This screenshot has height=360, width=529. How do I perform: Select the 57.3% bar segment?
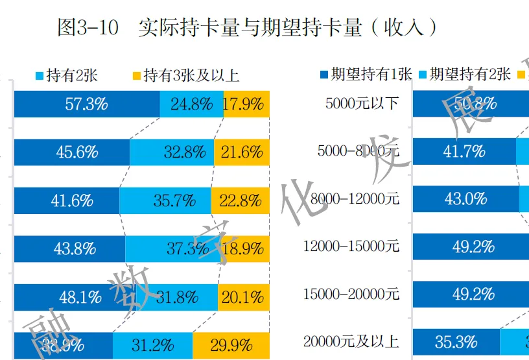pos(87,104)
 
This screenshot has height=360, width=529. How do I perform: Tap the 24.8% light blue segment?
pos(192,104)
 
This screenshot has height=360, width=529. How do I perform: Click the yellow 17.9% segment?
pos(246,104)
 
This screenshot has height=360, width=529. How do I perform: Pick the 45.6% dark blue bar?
pos(72,152)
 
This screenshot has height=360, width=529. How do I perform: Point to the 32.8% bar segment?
pos(171,152)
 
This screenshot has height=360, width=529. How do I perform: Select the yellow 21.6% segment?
pos(241,152)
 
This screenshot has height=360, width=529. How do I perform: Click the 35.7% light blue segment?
pos(166,200)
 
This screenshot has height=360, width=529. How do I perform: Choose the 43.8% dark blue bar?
pos(70,248)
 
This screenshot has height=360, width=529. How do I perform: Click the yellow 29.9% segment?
pos(231,344)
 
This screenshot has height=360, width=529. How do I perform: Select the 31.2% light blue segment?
pos(153,344)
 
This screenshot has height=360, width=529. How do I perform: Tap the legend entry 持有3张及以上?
pos(185,75)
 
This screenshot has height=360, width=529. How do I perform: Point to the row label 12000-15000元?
pos(351,246)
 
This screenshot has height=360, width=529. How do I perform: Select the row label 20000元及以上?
pos(351,341)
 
